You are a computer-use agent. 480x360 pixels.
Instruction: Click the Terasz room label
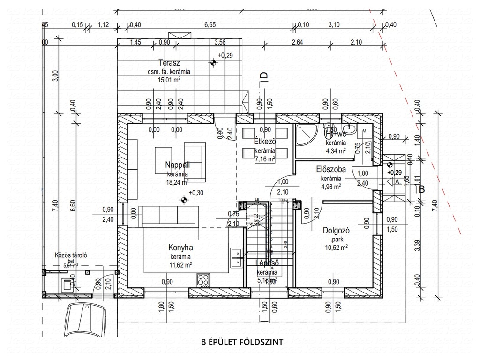coord(170,63)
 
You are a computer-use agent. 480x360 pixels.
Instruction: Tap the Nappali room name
coord(177,165)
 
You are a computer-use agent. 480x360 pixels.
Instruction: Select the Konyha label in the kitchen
coord(181,248)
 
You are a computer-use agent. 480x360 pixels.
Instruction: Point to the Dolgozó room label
coord(334,231)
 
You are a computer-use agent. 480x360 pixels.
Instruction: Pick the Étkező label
coord(265,142)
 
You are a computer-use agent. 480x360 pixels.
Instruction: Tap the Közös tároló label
coord(71,255)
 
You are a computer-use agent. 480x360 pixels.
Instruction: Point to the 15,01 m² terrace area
coord(169,80)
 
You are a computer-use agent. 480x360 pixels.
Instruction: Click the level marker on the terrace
coord(213,62)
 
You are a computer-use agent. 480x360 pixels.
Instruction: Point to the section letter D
coord(263,76)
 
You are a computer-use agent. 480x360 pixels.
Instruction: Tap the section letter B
coord(421,189)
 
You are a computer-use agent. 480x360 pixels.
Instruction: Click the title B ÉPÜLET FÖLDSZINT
coord(241,342)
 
